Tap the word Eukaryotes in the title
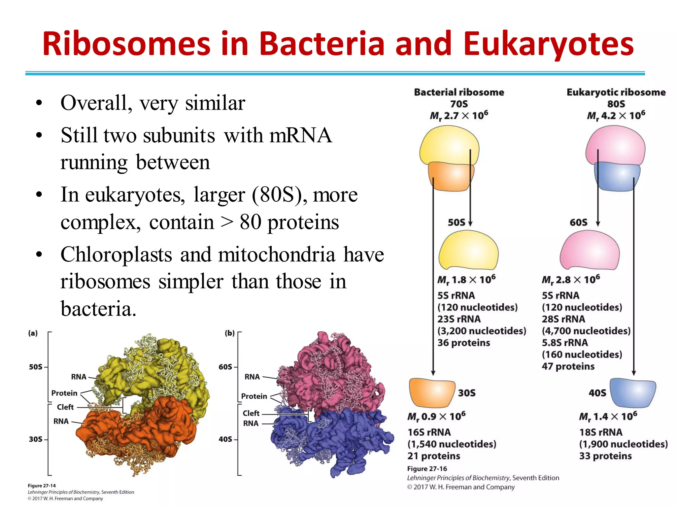click(548, 44)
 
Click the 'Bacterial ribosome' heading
click(459, 92)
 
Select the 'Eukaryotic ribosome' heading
click(616, 92)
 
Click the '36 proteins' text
click(463, 343)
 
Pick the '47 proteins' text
click(568, 366)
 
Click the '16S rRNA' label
click(429, 432)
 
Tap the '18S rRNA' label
click(600, 432)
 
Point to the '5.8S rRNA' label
click(564, 343)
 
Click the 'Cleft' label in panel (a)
click(65, 407)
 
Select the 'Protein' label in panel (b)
click(254, 396)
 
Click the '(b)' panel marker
click(229, 333)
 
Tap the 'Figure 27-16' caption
click(427, 469)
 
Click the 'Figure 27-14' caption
click(42, 486)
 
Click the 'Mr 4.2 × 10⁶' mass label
click(616, 116)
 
